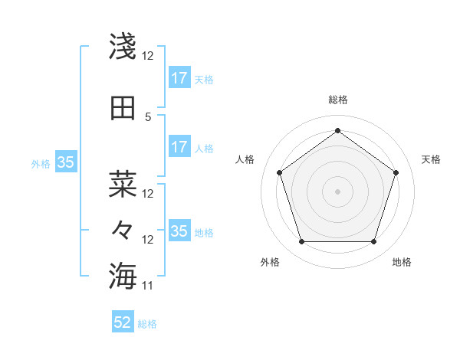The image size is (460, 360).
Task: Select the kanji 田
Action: (123, 108)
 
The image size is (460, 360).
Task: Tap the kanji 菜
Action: (123, 184)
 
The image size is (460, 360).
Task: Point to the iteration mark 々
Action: (123, 229)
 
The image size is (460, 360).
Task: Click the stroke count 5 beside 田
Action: (148, 116)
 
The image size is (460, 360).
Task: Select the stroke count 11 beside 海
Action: (148, 286)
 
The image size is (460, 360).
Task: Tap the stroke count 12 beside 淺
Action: (148, 55)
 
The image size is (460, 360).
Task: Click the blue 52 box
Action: (123, 322)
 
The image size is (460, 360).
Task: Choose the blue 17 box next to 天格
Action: (179, 77)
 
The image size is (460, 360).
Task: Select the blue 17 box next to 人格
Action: (179, 147)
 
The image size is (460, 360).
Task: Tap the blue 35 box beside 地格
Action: (179, 231)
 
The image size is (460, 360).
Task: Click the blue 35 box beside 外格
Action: (66, 162)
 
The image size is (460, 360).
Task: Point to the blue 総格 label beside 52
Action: (147, 324)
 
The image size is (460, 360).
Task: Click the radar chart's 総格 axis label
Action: (337, 100)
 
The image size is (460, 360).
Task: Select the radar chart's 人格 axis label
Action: (245, 159)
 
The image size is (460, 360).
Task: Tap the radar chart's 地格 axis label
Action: (402, 262)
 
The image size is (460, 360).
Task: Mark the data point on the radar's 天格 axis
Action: (396, 172)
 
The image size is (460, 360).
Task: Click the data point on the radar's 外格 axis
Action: (301, 242)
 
